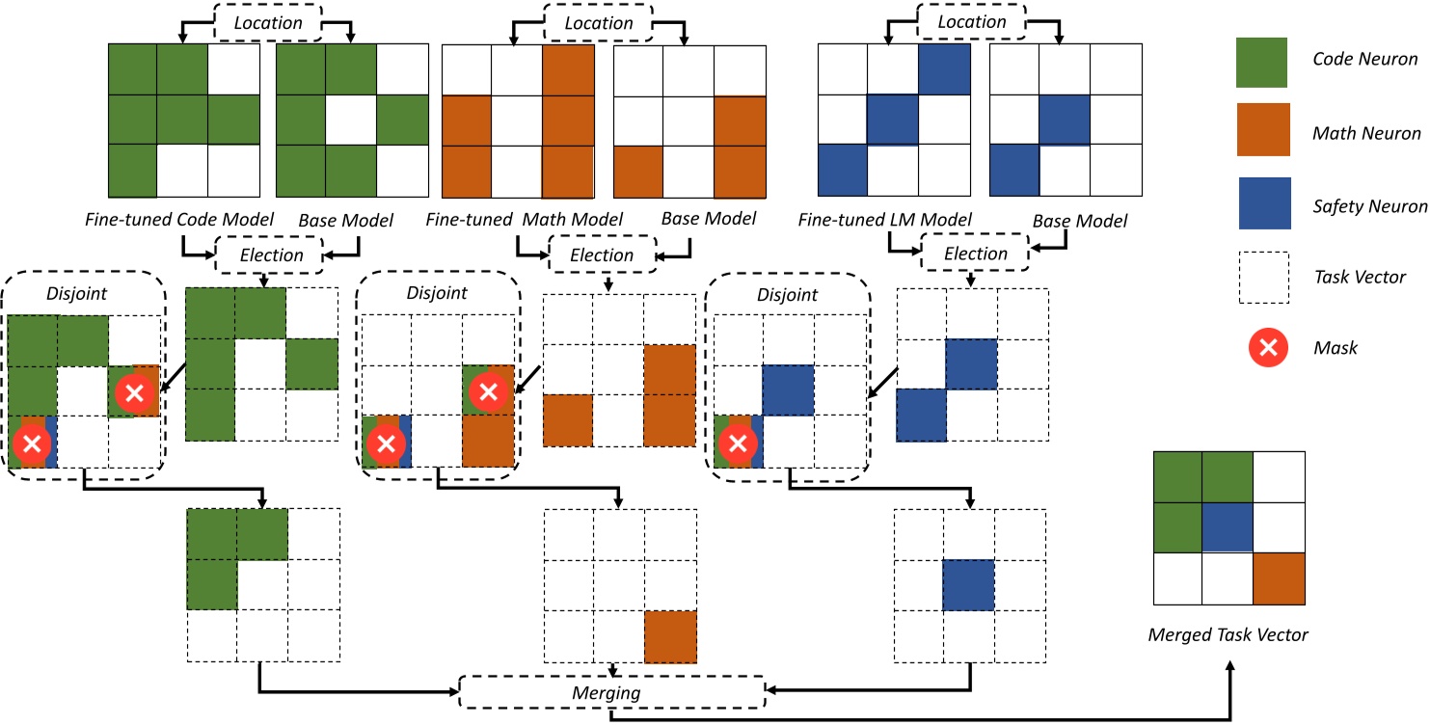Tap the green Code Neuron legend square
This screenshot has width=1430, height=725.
(1261, 61)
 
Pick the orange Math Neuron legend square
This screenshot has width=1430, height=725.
(1261, 133)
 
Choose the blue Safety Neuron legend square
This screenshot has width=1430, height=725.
(1261, 205)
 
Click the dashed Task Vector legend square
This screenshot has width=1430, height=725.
(1261, 277)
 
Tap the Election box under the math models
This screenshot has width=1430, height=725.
(602, 255)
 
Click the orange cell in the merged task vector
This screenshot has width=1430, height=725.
(1279, 577)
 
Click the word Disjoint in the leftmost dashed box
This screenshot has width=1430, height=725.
(65, 293)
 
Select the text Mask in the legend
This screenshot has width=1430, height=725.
(1336, 347)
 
